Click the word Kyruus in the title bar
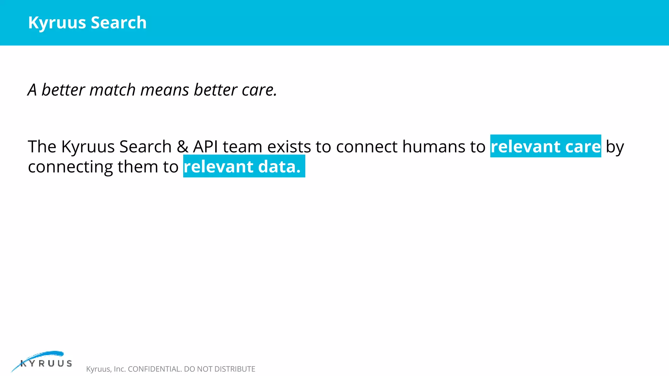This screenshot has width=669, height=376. point(57,23)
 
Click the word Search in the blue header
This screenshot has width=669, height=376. point(119,23)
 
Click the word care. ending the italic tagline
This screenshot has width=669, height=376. point(259,90)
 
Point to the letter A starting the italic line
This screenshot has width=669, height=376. point(32,90)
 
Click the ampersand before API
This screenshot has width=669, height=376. point(182,147)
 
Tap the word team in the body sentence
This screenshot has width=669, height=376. point(242,147)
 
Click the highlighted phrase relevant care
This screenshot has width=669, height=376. point(546,147)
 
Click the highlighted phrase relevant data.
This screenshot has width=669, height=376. point(242,167)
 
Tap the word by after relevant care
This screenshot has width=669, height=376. point(615,147)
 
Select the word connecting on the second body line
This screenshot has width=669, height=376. point(71,167)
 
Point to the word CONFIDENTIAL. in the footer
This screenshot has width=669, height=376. point(155,369)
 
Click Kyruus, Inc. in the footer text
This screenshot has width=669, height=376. point(106,369)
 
